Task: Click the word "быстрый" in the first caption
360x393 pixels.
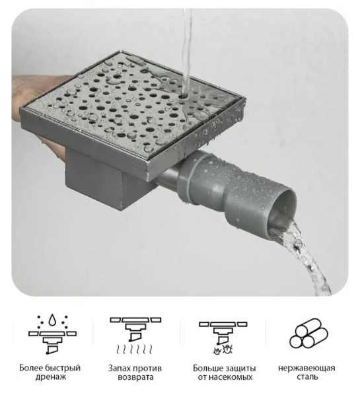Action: [x=63, y=368]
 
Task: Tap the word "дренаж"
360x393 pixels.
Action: [x=51, y=377]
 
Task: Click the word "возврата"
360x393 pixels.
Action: [x=135, y=377]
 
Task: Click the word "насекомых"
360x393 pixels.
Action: [x=231, y=377]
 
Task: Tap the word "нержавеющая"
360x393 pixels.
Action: [x=306, y=368]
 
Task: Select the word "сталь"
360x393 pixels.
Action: [x=307, y=377]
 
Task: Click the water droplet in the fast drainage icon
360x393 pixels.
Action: [x=52, y=320]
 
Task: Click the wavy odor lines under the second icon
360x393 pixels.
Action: [x=134, y=349]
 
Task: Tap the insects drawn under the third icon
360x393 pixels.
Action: [x=223, y=349]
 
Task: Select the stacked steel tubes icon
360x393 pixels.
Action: [x=308, y=334]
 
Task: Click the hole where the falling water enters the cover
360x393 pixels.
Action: [x=185, y=96]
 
